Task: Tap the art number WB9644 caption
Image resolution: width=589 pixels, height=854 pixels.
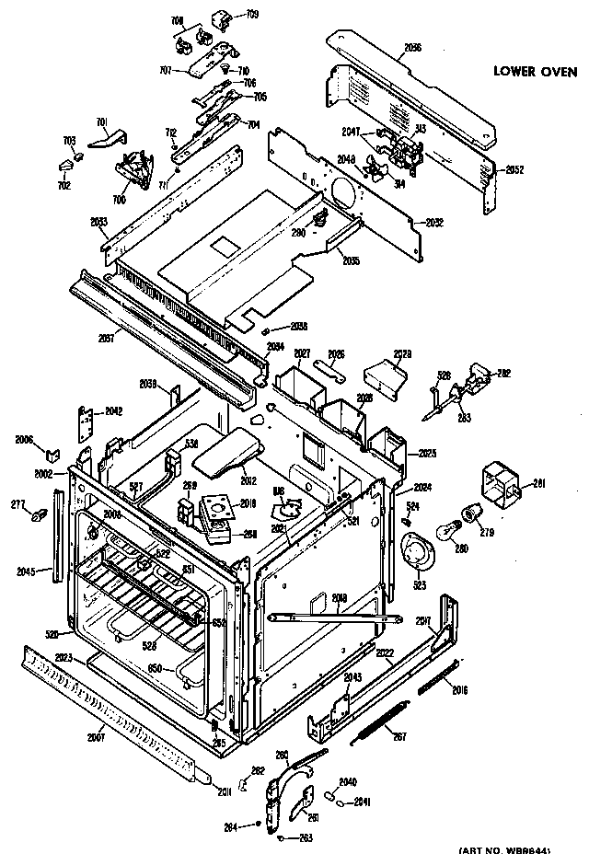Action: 522,847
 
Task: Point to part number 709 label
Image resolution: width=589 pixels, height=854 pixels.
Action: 251,15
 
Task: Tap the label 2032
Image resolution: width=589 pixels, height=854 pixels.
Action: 435,223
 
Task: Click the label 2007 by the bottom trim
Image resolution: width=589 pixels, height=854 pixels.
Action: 96,736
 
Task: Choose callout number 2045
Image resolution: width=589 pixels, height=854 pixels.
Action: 27,571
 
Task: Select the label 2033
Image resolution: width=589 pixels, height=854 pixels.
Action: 99,221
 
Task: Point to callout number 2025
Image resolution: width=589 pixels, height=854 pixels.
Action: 426,454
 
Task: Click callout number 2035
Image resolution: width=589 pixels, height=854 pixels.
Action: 349,261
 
